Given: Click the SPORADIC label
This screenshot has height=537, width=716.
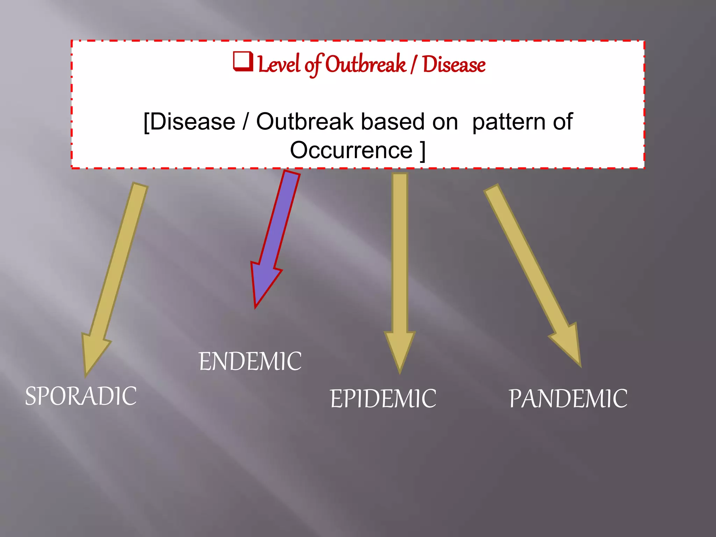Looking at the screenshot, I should [x=81, y=396].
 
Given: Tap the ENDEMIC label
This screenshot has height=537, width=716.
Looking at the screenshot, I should [x=250, y=361].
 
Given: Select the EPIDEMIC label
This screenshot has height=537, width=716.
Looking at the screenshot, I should [x=383, y=399].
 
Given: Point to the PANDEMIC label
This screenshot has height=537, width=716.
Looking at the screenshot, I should [x=568, y=399].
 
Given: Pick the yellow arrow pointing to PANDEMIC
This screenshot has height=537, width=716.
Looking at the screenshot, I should [x=531, y=269].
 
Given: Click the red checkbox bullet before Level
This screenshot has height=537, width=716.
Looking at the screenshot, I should [x=243, y=62].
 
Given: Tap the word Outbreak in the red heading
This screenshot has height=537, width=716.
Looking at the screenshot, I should [x=366, y=65].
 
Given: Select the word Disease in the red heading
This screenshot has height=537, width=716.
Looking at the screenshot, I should [x=454, y=65].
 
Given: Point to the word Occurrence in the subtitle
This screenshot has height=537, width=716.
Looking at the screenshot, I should [x=351, y=150].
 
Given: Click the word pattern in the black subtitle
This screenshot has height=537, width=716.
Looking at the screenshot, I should [x=509, y=122].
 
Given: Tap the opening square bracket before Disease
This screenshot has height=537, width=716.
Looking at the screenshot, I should [x=146, y=122].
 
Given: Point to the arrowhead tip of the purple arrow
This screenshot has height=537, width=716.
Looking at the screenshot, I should [x=256, y=306].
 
